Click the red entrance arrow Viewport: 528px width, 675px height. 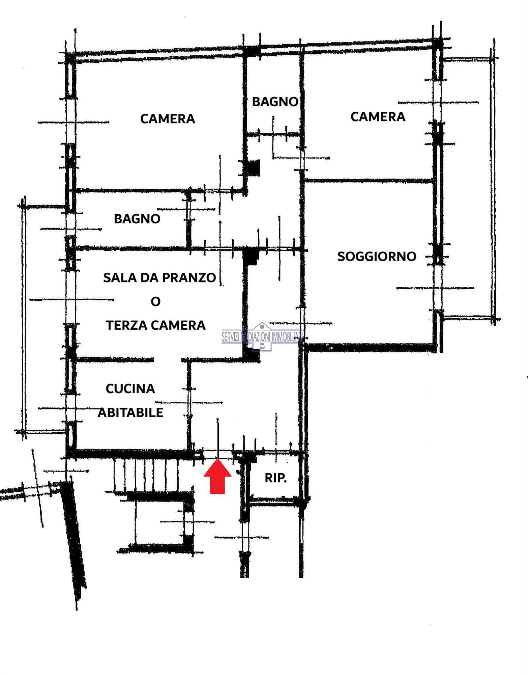click(x=217, y=476)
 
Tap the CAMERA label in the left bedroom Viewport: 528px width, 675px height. click(x=167, y=119)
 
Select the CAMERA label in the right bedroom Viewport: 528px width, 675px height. click(x=378, y=117)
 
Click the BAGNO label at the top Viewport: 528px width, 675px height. click(x=275, y=102)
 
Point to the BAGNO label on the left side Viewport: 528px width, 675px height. click(x=137, y=219)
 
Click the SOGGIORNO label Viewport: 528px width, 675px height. click(x=377, y=256)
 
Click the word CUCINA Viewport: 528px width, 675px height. click(x=130, y=389)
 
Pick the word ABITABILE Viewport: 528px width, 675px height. click(x=130, y=412)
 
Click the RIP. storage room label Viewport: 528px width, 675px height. click(x=275, y=478)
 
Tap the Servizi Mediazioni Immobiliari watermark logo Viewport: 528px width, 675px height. click(x=262, y=336)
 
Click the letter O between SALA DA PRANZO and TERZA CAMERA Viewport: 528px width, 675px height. click(x=155, y=301)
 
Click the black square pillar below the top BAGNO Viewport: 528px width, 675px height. click(x=254, y=168)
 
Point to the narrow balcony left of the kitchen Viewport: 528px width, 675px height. click(x=44, y=319)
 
